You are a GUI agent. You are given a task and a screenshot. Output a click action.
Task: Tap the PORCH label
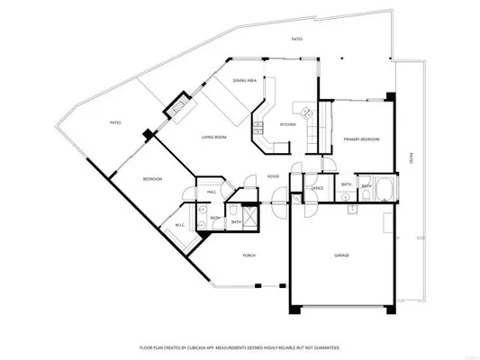tap(249, 256)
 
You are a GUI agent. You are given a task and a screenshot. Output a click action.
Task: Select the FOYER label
tap(272, 176)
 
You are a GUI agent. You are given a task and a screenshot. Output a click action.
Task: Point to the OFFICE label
tap(317, 188)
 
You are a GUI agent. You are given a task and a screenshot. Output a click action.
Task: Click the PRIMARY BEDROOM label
tap(361, 139)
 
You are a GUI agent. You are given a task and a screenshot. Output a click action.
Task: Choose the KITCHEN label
tap(288, 124)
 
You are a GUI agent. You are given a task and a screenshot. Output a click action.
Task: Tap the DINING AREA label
tap(246, 80)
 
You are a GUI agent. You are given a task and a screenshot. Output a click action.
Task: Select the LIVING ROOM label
tap(213, 136)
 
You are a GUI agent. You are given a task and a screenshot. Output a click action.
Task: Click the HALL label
tap(212, 192)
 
